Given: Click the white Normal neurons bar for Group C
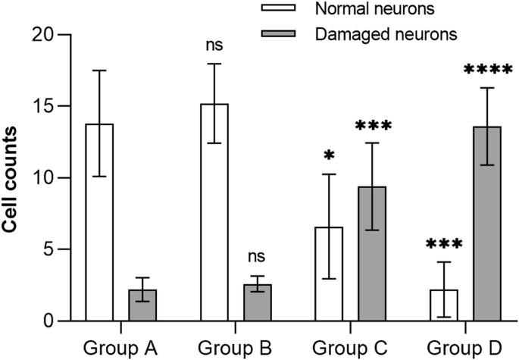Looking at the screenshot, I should coord(330,274).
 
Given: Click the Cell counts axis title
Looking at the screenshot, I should coord(14,178).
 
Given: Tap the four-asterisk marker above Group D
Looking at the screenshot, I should coord(487,70).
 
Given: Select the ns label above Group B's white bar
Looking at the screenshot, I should coord(214,46).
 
